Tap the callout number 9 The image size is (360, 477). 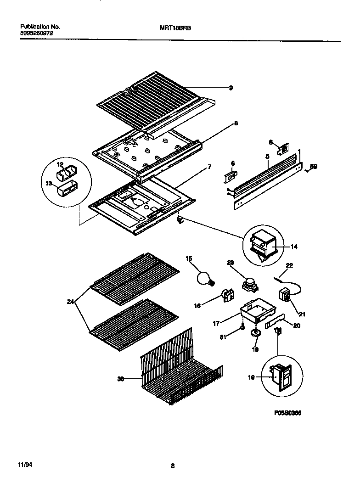[231, 88]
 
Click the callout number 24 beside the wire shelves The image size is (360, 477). [70, 302]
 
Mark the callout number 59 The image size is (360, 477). [314, 167]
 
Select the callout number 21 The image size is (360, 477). [302, 314]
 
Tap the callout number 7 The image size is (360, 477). [209, 167]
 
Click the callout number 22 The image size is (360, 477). [289, 265]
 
